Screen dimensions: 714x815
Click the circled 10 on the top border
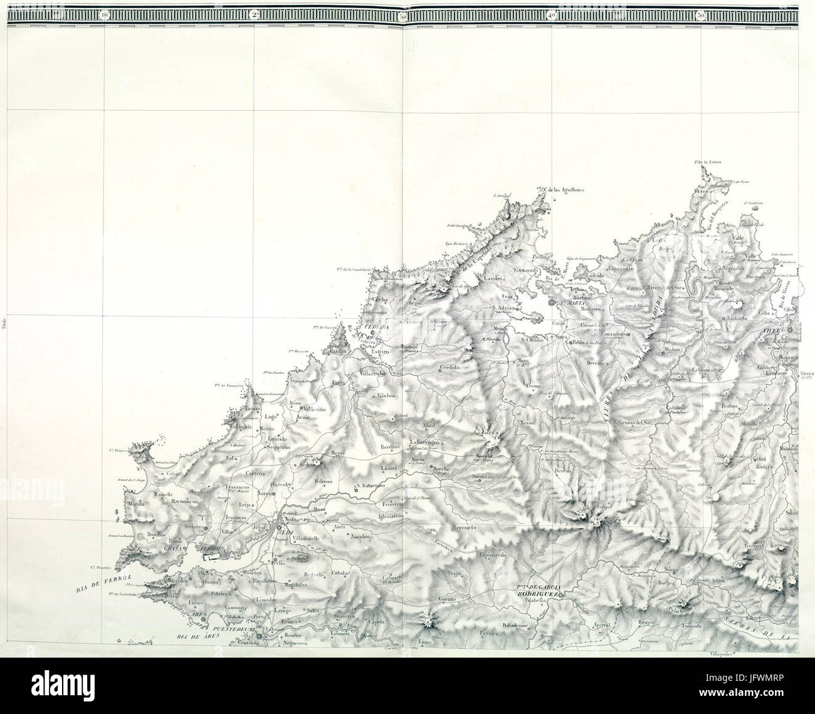104,13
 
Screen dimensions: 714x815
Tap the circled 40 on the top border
551,13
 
